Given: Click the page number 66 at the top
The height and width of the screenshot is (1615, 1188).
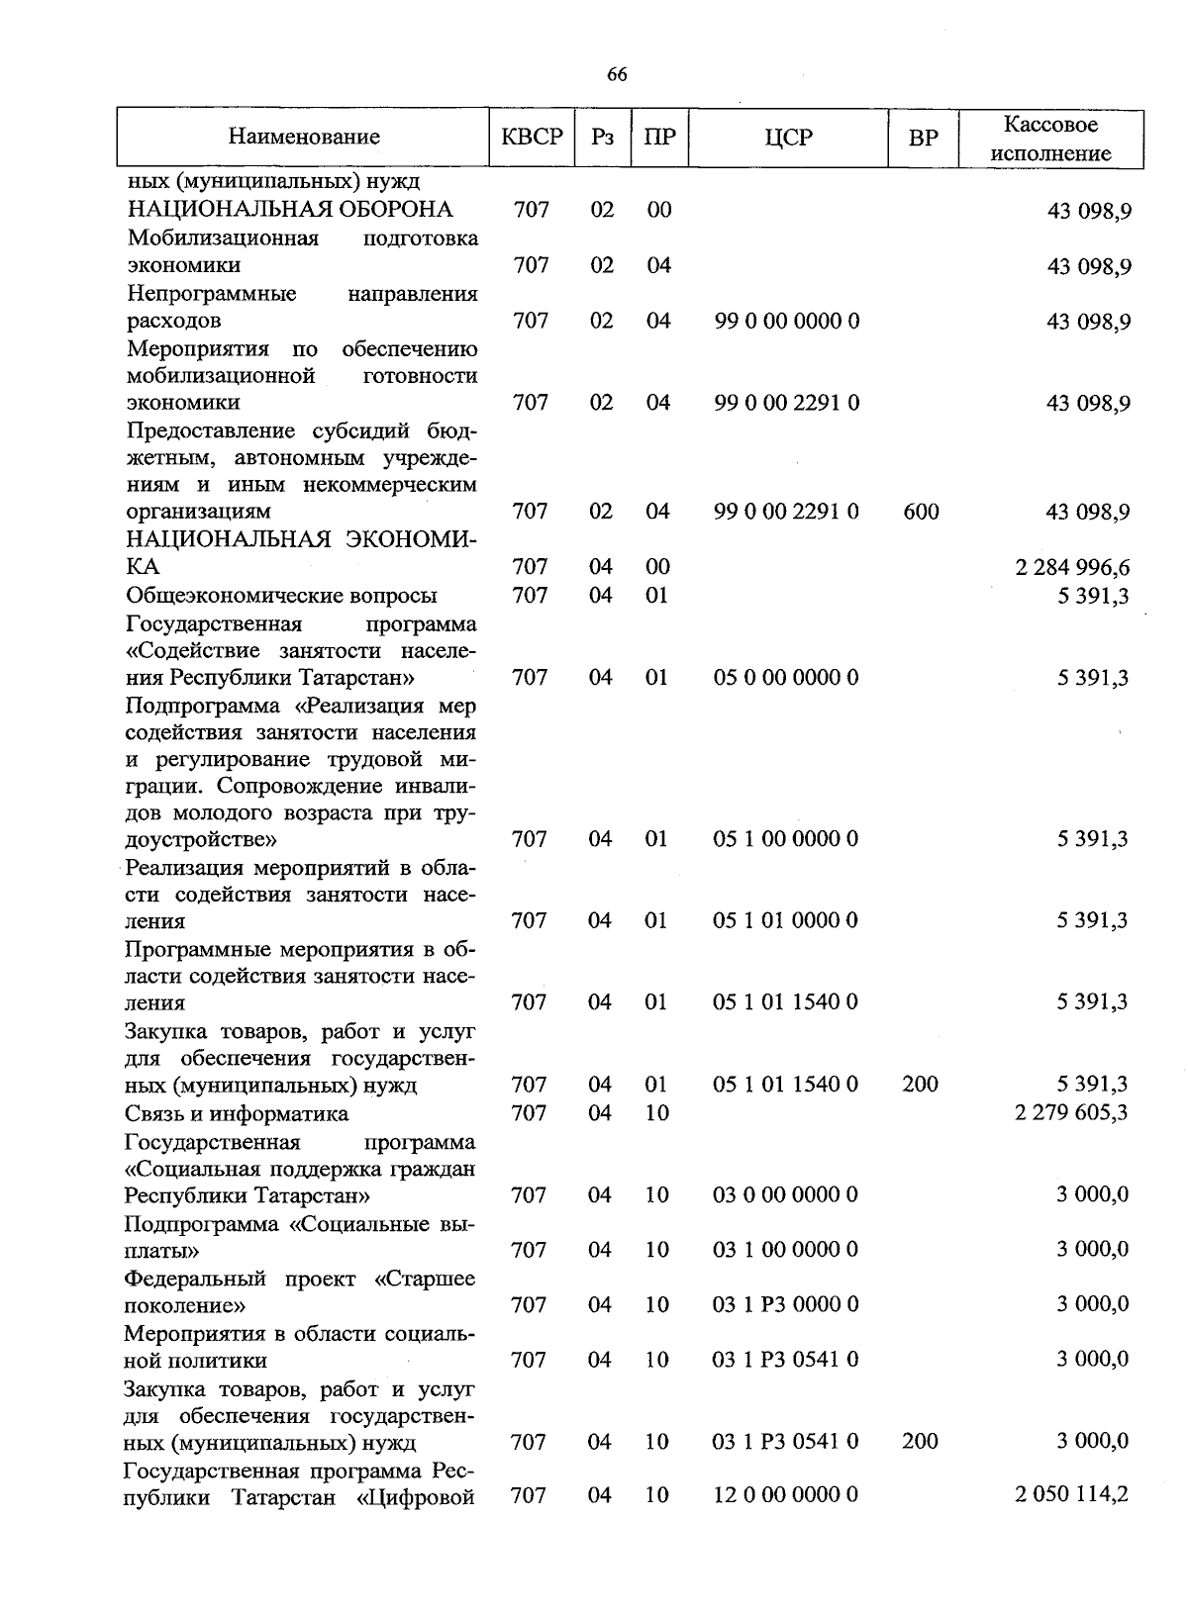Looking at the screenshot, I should (616, 75).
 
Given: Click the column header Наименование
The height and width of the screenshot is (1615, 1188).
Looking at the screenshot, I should (304, 138).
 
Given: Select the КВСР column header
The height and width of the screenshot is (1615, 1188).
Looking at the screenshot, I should (532, 138).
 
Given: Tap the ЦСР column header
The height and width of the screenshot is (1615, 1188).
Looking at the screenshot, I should (788, 138).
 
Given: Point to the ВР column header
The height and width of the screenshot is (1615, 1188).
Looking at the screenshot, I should (923, 139).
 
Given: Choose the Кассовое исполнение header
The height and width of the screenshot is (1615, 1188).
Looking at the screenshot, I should (1050, 139).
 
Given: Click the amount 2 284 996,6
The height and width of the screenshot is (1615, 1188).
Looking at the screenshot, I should (1072, 568).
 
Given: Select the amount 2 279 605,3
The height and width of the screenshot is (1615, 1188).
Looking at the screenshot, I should (1071, 1113).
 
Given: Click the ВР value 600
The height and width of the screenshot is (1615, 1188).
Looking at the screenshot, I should (921, 512).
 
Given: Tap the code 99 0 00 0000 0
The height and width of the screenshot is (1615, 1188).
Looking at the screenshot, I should (786, 321).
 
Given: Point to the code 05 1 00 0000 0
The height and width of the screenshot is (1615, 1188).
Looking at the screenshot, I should (785, 839).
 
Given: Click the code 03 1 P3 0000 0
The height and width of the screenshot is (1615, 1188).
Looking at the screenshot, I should (785, 1304).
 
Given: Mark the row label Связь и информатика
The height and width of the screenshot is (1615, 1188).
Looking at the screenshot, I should (237, 1114).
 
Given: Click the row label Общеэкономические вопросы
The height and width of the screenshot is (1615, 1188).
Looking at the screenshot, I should (281, 596).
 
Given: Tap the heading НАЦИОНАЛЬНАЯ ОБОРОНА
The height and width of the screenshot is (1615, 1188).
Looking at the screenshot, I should (290, 210).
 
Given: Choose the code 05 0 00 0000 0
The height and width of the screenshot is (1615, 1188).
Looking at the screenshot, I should (785, 678).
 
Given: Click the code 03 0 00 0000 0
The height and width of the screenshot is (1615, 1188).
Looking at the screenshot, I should (785, 1195).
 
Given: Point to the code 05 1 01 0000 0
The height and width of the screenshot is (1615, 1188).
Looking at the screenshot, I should (785, 921).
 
